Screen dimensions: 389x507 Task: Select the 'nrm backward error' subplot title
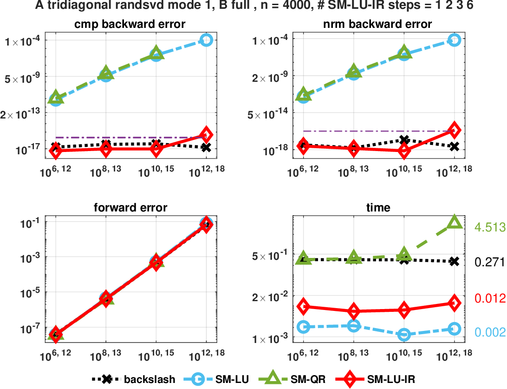[378, 24]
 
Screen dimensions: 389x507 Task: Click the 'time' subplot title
[378, 208]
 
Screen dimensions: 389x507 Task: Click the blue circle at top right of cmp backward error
[207, 40]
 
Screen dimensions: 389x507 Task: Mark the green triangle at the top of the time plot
[454, 223]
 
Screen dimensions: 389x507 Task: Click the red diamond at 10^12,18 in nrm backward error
[454, 130]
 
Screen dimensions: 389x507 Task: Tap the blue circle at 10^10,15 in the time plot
[404, 334]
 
